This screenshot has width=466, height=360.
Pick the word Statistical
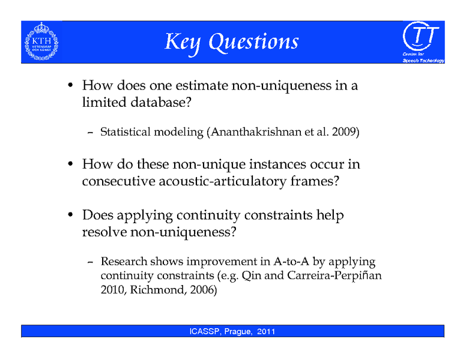click(126, 132)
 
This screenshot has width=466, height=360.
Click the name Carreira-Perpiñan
click(330, 276)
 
